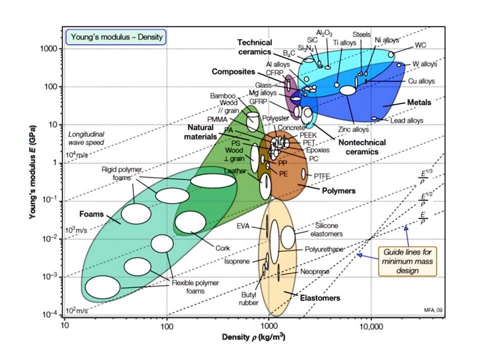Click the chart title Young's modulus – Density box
pyautogui.click(x=116, y=37)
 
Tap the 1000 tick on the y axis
pyautogui.click(x=52, y=49)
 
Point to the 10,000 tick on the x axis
pyautogui.click(x=371, y=326)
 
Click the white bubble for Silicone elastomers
pyautogui.click(x=288, y=238)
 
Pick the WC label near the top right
pyautogui.click(x=420, y=45)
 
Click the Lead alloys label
pyautogui.click(x=407, y=120)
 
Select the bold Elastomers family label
pyautogui.click(x=320, y=298)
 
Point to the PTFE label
pyautogui.click(x=321, y=176)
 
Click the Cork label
pyautogui.click(x=223, y=248)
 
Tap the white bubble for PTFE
pyautogui.click(x=304, y=174)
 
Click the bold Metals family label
pyautogui.click(x=419, y=102)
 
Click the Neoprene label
pyautogui.click(x=315, y=272)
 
